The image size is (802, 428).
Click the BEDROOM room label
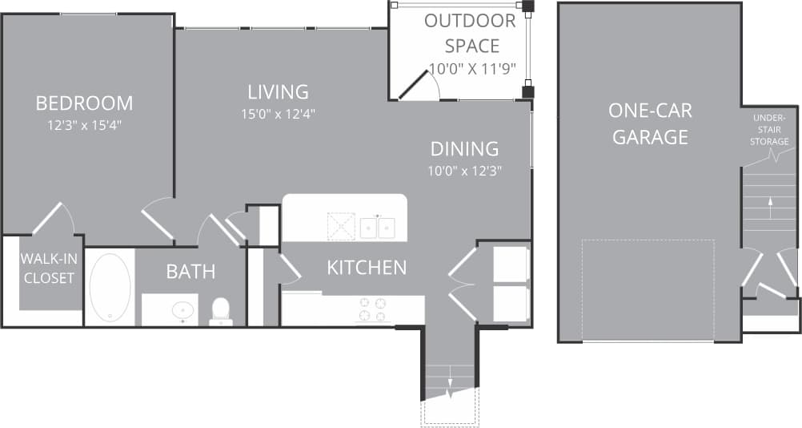click(84, 103)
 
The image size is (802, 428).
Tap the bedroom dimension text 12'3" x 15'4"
click(84, 125)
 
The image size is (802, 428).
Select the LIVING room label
click(278, 91)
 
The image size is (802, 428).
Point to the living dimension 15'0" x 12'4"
click(278, 114)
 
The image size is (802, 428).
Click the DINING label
click(464, 148)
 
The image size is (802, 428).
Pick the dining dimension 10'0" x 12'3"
click(464, 170)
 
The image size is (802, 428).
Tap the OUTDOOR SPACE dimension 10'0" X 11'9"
click(472, 69)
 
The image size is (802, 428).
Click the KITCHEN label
click(367, 267)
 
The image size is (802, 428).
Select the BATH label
click(190, 272)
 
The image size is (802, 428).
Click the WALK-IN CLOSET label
click(48, 269)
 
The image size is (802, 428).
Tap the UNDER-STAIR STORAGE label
click(769, 130)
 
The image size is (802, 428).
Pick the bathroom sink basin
click(184, 309)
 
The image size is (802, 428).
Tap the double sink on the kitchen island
click(375, 228)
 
